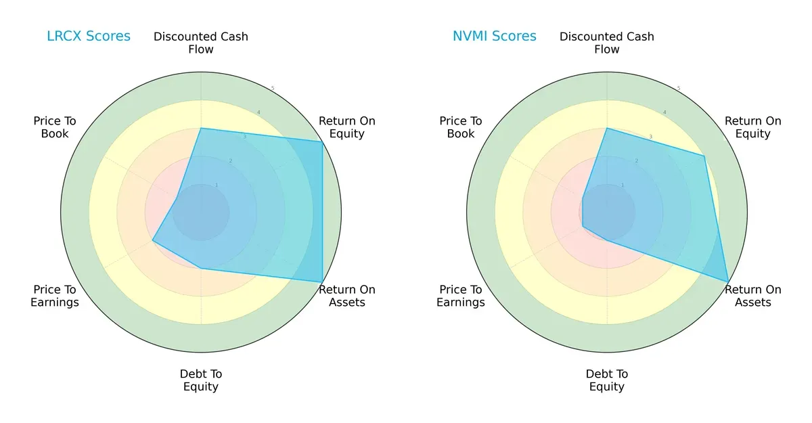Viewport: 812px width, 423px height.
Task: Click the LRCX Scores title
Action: click(88, 36)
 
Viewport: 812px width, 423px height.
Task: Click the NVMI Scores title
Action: click(494, 36)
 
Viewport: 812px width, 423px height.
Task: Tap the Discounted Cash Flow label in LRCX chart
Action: click(201, 43)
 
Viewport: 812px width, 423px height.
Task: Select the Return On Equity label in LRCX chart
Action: click(347, 127)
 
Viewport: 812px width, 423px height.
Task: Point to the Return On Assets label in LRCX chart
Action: click(347, 296)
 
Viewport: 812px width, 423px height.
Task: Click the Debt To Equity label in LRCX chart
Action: click(201, 380)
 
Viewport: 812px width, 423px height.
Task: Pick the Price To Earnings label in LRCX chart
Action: click(55, 296)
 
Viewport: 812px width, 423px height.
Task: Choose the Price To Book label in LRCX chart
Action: click(55, 127)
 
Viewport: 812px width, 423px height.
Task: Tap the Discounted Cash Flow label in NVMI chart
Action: click(607, 43)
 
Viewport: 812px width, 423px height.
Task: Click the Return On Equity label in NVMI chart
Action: click(753, 127)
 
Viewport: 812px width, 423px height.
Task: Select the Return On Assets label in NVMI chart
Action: click(753, 296)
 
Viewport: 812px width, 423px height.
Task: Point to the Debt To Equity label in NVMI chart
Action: click(607, 380)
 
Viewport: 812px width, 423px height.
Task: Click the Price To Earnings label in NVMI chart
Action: click(461, 296)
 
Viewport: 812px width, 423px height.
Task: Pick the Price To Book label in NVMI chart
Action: click(461, 127)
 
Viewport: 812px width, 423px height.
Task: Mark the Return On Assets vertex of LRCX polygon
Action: click(322, 282)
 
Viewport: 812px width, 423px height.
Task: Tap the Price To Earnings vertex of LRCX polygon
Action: click(153, 240)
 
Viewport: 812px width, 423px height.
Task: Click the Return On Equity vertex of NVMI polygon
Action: click(704, 156)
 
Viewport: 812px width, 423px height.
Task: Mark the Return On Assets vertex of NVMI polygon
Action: click(728, 282)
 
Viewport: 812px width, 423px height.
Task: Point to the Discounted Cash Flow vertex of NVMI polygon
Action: click(607, 129)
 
